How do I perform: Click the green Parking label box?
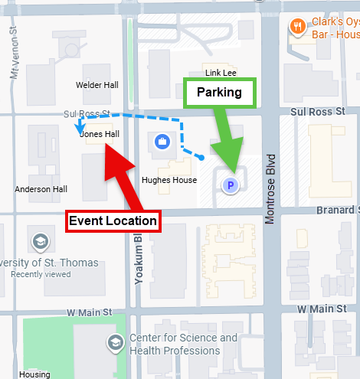(x=219, y=93)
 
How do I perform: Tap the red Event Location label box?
(x=113, y=221)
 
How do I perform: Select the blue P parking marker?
(x=229, y=185)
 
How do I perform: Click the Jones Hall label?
(x=100, y=134)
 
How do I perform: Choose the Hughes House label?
(x=164, y=181)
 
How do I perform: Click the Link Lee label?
(x=221, y=73)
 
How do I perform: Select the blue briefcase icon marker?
(x=162, y=141)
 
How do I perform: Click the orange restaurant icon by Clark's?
(x=297, y=28)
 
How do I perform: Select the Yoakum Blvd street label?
(x=139, y=260)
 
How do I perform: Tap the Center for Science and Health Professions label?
(x=184, y=344)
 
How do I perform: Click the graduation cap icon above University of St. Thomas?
(x=39, y=243)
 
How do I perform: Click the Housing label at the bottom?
(x=35, y=374)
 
